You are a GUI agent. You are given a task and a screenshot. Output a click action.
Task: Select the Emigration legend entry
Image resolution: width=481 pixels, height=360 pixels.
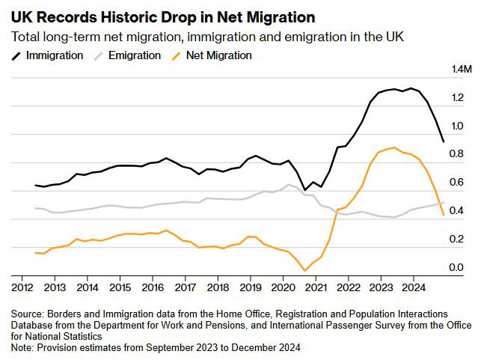pos(132,55)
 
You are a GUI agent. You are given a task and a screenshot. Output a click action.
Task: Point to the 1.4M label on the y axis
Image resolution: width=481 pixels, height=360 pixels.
pos(461,70)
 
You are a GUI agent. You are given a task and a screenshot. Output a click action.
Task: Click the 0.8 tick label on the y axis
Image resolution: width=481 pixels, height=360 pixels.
pos(456,154)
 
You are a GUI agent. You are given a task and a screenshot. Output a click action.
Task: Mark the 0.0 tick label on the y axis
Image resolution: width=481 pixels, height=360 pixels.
pos(456,267)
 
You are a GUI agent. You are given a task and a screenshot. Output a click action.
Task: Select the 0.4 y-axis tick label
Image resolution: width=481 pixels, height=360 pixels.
pos(456,210)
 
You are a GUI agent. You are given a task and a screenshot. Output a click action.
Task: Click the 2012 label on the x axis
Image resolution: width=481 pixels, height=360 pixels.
pos(22,287)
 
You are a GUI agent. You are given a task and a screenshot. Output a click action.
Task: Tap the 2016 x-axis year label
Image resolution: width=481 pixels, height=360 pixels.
pos(153,287)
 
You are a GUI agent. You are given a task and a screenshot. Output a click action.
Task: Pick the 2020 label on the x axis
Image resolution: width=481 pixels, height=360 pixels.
pos(283,287)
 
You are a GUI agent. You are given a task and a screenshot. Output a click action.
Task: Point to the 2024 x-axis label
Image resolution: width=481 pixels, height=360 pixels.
pos(414,287)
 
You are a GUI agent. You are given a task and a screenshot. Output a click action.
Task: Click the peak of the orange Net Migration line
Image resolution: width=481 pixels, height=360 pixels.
pos(393,147)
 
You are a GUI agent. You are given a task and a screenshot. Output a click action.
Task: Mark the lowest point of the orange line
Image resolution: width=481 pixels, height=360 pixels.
pos(304,270)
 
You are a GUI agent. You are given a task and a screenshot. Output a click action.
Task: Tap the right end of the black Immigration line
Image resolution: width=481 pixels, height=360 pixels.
pos(444,141)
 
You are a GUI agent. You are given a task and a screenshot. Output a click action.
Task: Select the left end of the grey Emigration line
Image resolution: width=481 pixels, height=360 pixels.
pos(36,208)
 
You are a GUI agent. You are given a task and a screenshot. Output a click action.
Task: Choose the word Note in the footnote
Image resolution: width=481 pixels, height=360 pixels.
pos(22,347)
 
